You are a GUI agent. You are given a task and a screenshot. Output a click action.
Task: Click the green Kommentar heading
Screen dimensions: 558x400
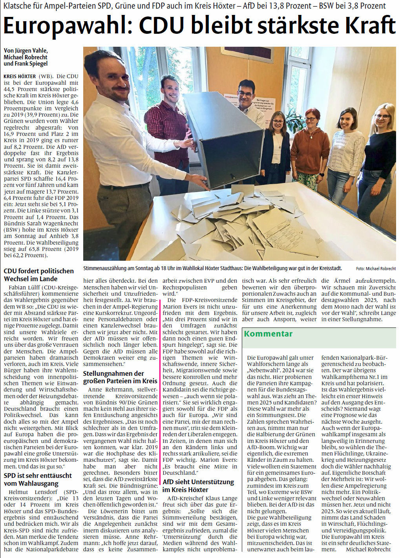pos(268,334)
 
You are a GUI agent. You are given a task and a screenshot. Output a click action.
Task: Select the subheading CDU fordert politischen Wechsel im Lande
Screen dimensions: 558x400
pos(39,275)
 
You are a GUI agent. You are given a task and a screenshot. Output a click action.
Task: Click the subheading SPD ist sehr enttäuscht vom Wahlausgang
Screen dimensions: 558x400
pos(38,479)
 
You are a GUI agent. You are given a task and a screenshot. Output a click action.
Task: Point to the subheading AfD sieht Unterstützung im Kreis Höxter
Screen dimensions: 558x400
pos(198,486)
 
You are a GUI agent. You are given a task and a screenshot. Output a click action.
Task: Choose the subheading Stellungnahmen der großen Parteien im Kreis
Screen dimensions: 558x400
pos(120,377)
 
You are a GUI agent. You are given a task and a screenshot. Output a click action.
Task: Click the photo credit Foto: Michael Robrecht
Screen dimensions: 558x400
pos(376,269)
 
